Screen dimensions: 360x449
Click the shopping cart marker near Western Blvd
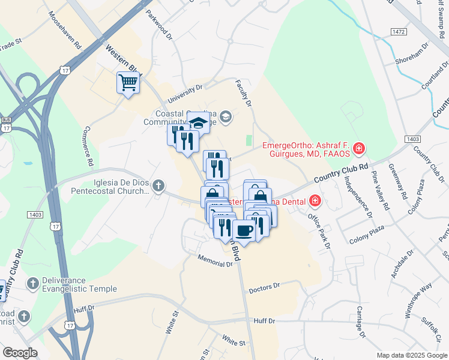tap(128, 83)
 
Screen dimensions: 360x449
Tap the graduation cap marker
tap(198, 124)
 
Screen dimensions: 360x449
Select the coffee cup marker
tap(244, 230)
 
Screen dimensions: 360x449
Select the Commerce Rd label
tap(88, 146)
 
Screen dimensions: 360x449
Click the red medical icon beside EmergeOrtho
tap(358, 148)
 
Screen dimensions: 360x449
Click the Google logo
tap(20, 353)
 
